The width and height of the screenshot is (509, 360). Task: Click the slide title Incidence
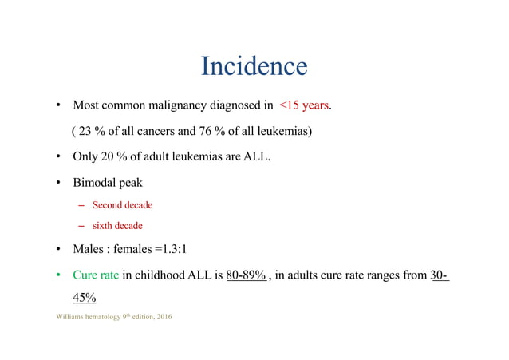click(x=254, y=65)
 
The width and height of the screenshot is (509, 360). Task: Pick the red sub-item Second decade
click(x=122, y=205)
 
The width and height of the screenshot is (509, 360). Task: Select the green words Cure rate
click(x=96, y=275)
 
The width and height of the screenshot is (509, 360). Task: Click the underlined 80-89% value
click(x=247, y=275)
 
